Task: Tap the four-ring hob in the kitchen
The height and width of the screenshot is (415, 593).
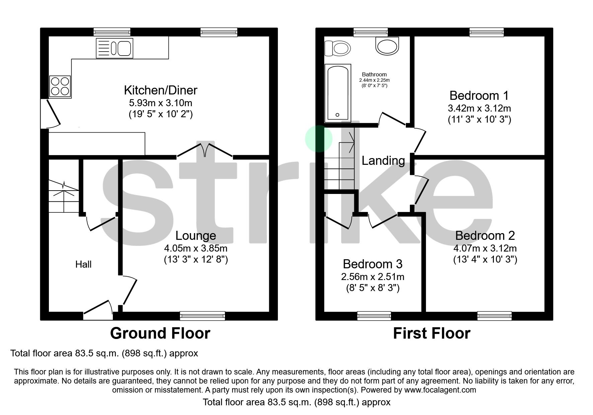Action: pos(60,86)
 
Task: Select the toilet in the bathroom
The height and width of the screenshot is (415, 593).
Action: pos(338,48)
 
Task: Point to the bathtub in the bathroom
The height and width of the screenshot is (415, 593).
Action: pos(338,93)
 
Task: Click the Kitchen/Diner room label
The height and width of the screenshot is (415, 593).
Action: pos(160,90)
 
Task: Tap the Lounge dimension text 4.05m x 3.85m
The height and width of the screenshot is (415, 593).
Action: pos(196,248)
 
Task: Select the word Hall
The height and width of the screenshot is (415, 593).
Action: pos(83,264)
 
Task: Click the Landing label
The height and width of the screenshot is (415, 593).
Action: pos(383,160)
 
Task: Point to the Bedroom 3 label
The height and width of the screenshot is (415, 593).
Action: pos(372,264)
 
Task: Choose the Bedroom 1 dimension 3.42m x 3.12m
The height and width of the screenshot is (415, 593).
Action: pos(479,108)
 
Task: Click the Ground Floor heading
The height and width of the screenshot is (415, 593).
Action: pos(160,333)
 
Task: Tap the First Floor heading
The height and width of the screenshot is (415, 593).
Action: pos(431,333)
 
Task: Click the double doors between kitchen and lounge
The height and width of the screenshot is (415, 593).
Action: pos(205,150)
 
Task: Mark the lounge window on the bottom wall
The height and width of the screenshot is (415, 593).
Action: pos(202,316)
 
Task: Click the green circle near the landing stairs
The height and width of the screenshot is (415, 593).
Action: pos(319,139)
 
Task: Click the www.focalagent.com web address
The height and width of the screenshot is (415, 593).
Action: pos(440,390)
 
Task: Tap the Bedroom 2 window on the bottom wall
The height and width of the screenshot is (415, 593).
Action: pos(494,316)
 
